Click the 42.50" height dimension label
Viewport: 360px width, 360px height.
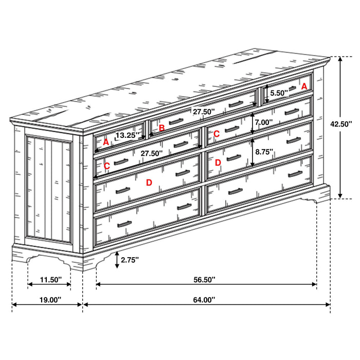(x=341, y=124)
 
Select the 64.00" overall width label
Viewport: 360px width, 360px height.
(x=205, y=299)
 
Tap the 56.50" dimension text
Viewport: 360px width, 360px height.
(x=205, y=279)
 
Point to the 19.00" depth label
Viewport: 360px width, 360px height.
(x=47, y=299)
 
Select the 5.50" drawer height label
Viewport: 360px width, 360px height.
(x=279, y=94)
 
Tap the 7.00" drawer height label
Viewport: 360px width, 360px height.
(x=264, y=123)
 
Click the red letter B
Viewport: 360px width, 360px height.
(x=161, y=128)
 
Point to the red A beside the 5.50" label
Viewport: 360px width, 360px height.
(x=304, y=86)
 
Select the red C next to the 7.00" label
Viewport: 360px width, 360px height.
(x=217, y=134)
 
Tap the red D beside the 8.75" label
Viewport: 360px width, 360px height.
(x=218, y=163)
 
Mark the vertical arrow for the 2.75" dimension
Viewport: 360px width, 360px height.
(x=118, y=260)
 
